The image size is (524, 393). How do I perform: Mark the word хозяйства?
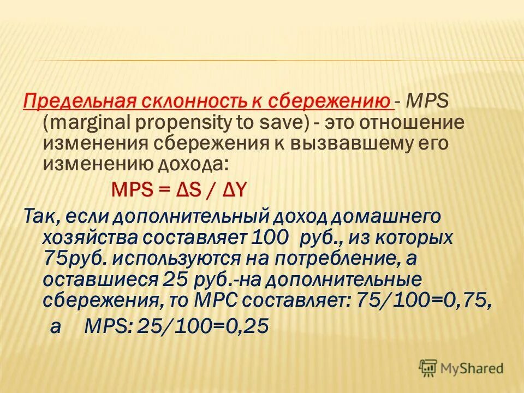[x=90, y=237]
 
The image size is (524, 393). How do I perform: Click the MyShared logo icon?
[x=428, y=368]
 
